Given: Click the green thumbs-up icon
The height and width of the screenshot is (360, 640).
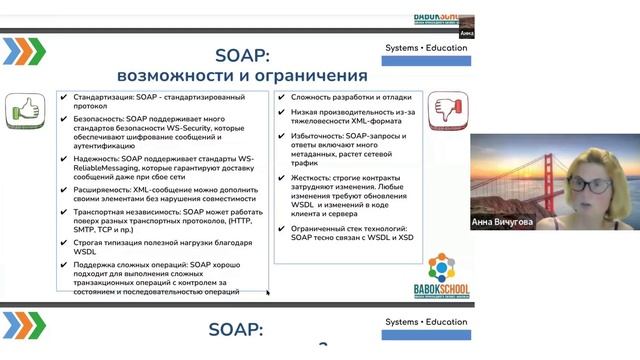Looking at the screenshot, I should (x=24, y=111).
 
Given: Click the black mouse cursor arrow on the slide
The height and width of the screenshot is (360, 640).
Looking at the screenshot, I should (x=267, y=293).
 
